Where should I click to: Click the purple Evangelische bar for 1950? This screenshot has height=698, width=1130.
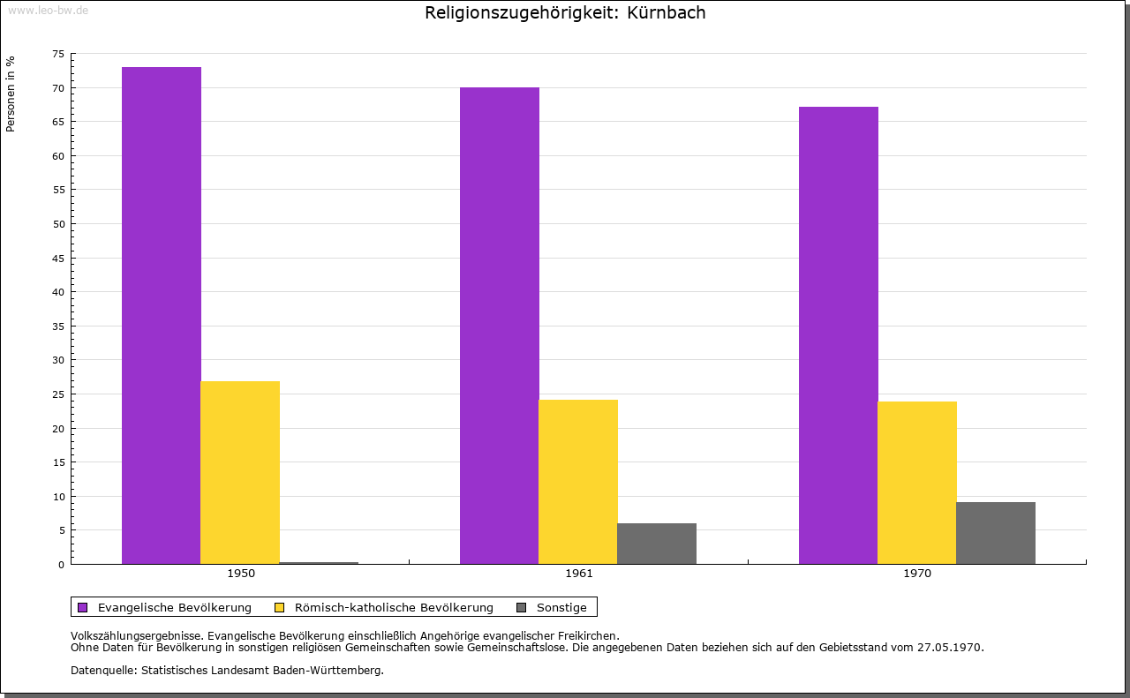click(162, 315)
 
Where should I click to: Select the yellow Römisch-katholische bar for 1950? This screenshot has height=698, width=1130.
click(240, 472)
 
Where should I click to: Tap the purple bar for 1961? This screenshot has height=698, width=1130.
click(500, 326)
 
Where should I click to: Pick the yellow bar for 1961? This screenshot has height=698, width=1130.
click(578, 482)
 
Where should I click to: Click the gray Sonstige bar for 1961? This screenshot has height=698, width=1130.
click(657, 544)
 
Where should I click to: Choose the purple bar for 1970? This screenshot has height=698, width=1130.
click(839, 335)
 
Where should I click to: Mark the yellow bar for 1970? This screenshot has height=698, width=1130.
click(917, 483)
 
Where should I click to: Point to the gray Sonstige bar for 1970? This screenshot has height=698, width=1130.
click(996, 533)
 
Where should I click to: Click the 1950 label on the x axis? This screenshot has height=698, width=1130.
click(241, 574)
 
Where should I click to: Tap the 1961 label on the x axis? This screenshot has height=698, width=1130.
click(579, 574)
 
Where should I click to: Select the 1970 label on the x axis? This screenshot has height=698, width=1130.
click(917, 574)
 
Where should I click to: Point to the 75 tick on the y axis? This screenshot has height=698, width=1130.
click(58, 54)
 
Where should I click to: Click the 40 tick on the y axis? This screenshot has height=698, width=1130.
click(58, 292)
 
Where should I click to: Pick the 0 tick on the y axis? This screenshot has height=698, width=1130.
click(62, 565)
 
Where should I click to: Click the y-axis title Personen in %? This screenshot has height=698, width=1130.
click(11, 94)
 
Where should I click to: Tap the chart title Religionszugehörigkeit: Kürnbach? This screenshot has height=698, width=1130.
click(565, 13)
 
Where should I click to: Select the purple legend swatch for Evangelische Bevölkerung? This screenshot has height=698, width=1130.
click(83, 607)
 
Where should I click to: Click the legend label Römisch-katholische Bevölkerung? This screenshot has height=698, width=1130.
click(394, 607)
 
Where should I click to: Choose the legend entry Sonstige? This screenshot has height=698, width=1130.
click(561, 607)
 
